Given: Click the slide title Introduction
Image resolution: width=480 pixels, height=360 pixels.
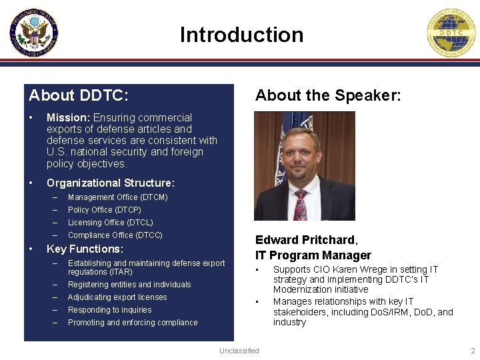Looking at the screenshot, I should (241, 35).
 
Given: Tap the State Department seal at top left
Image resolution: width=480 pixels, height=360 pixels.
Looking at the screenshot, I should (34, 32).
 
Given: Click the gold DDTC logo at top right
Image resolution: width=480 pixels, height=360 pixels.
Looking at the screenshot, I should (453, 33).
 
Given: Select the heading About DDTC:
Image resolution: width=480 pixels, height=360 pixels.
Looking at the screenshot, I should (79, 95).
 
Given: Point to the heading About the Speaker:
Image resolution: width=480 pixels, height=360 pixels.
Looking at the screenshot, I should (328, 95).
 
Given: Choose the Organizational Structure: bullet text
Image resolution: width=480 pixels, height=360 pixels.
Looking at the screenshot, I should (111, 183).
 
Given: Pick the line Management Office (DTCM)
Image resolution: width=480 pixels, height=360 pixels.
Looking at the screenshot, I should (117, 197).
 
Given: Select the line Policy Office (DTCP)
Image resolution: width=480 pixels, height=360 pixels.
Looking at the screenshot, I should (105, 210).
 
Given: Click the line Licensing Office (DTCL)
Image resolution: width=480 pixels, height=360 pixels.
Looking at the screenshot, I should (110, 223).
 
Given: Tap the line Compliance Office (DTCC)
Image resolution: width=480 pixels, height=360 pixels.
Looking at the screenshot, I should (115, 235).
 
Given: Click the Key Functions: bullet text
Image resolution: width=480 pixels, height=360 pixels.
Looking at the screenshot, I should (85, 249).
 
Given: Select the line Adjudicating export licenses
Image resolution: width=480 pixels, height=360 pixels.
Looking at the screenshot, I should (117, 297).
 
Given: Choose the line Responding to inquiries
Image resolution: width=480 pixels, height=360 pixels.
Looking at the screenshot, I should (109, 310).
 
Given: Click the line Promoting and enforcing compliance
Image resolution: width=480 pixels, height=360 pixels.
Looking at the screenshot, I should (133, 323).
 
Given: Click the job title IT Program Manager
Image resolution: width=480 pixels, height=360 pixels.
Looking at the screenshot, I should (313, 255).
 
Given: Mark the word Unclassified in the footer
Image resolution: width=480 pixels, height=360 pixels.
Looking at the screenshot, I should (239, 351).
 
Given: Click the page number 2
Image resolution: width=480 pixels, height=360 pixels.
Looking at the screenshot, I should (473, 351).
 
